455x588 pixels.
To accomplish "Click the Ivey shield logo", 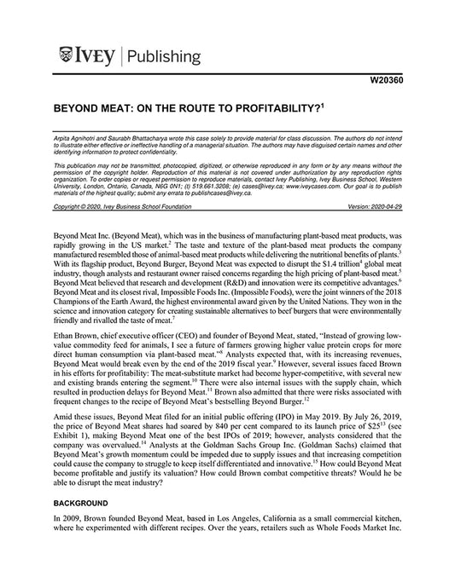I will [x=67, y=57].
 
